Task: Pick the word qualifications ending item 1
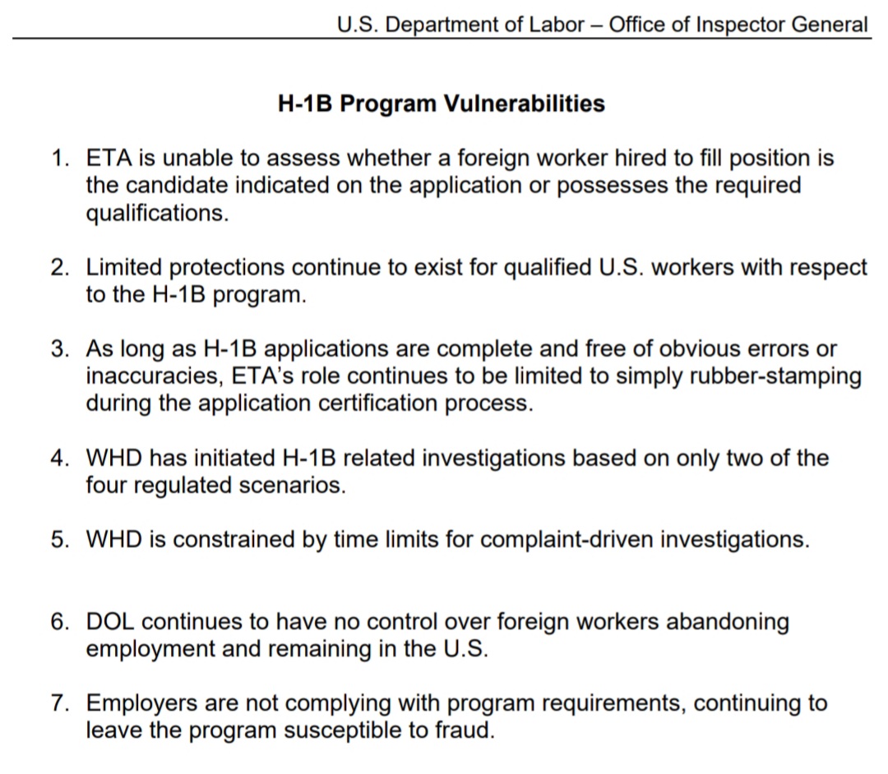(155, 213)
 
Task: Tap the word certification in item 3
(401, 403)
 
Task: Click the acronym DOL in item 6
(113, 621)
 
